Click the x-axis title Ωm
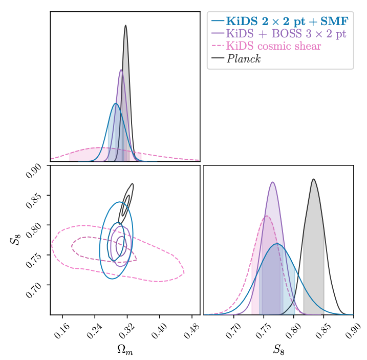pyautogui.click(x=125, y=349)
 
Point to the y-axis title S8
pyautogui.click(x=14, y=240)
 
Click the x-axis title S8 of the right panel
pyautogui.click(x=278, y=349)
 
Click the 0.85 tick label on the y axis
pyautogui.click(x=35, y=196)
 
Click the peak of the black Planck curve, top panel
pyautogui.click(x=125, y=25)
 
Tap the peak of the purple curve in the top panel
pyautogui.click(x=121, y=70)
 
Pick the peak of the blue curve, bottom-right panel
pyautogui.click(x=277, y=244)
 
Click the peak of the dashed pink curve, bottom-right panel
pyautogui.click(x=267, y=216)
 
